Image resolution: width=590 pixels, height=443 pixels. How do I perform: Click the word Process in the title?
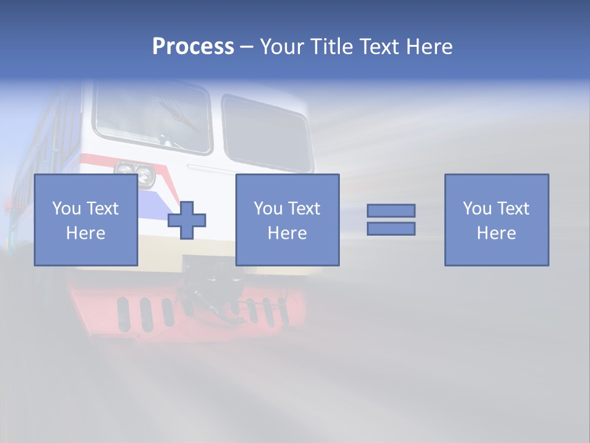point(193,47)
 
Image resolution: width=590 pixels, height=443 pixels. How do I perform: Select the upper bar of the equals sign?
point(391,210)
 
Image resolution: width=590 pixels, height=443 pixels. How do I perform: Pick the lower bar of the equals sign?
point(391,228)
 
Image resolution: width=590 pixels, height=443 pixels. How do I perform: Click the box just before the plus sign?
point(85,220)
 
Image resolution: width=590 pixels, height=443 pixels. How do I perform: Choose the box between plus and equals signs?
point(287,220)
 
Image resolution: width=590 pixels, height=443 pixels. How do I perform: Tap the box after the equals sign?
point(497,220)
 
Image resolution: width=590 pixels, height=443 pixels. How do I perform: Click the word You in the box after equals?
point(477,209)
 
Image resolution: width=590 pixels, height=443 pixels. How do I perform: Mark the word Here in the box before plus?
point(85,233)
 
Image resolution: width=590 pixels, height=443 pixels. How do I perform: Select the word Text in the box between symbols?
point(304,209)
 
